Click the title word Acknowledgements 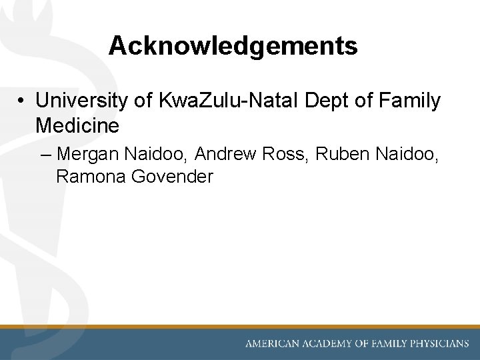233,46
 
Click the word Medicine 77,125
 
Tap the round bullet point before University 22,101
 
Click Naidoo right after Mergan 156,155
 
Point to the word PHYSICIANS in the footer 437,344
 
